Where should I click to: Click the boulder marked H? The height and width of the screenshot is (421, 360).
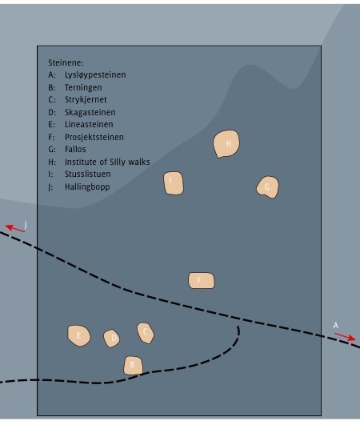(227, 144)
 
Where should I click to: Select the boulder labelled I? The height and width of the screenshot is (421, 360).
(173, 183)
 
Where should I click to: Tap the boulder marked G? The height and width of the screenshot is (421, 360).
(267, 187)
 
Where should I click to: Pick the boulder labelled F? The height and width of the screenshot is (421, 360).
(201, 280)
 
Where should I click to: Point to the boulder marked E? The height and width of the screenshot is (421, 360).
(78, 336)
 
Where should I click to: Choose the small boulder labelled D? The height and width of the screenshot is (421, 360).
(112, 339)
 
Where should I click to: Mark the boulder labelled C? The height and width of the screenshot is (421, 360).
(145, 332)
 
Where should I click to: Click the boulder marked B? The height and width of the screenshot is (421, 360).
(133, 366)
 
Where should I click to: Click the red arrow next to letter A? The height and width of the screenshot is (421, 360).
(345, 337)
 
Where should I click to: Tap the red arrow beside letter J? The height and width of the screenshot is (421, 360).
(15, 228)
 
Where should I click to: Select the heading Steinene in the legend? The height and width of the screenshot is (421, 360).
(66, 62)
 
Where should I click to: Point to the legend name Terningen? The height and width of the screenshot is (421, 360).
(83, 87)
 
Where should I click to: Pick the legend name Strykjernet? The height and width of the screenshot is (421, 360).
(86, 100)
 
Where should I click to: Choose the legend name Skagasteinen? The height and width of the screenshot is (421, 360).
(90, 112)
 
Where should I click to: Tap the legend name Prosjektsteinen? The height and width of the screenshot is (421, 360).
(94, 137)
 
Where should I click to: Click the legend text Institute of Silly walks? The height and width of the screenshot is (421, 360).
(107, 162)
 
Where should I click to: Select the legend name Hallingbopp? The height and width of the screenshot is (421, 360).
(87, 186)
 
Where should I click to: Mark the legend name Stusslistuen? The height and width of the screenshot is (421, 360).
(88, 174)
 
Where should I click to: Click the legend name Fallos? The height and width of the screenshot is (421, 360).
(75, 150)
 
